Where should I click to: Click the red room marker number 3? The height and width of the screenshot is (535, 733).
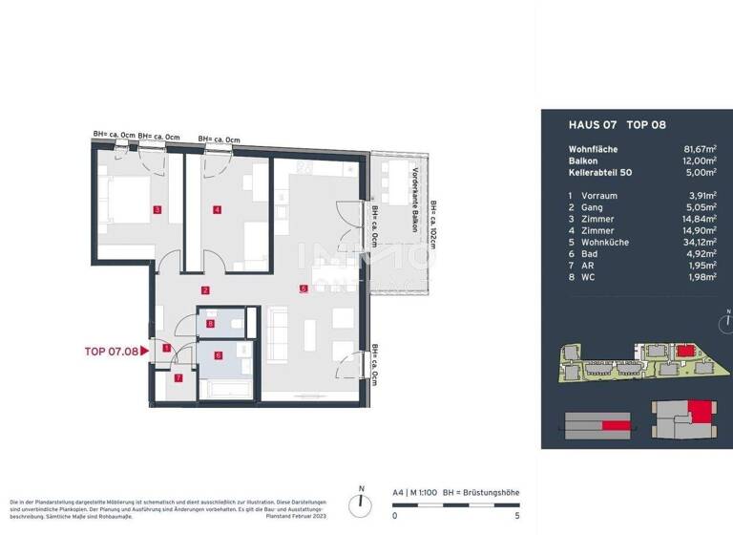(157, 209)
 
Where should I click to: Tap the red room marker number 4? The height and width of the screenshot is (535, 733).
(218, 209)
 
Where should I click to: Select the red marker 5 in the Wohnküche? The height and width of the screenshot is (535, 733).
(303, 289)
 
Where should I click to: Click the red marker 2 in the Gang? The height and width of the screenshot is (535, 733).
(205, 289)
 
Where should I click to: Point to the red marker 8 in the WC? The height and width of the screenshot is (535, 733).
(211, 325)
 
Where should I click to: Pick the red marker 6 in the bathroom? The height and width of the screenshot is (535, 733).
(219, 355)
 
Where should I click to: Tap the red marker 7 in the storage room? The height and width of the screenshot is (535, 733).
(178, 378)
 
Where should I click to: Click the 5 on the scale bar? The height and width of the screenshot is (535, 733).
(516, 515)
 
